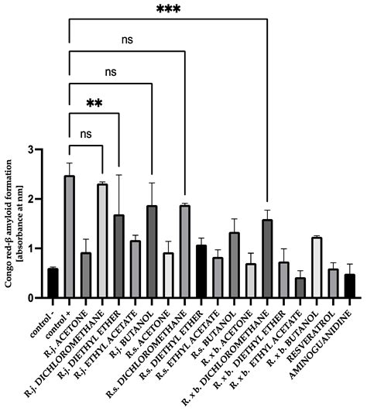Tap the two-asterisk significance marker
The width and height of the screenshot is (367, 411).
94,103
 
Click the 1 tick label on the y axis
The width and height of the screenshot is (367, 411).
31,248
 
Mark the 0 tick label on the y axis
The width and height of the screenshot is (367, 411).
31,298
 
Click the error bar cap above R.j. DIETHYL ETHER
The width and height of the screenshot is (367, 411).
118,175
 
